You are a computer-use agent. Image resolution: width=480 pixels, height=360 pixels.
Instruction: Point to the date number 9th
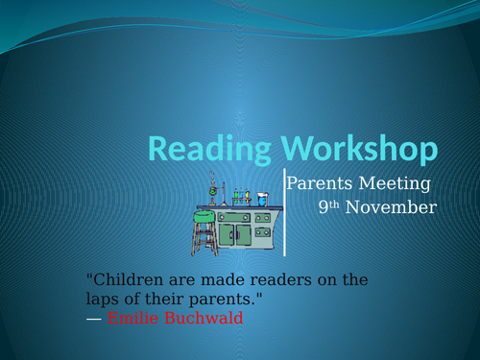pyautogui.click(x=328, y=206)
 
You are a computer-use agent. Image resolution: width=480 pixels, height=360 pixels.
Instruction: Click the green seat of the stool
pyautogui.click(x=204, y=217)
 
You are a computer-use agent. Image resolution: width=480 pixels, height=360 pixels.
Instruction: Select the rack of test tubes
pyautogui.click(x=241, y=197)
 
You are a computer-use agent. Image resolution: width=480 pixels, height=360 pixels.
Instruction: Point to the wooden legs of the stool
pyautogui.click(x=204, y=239)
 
